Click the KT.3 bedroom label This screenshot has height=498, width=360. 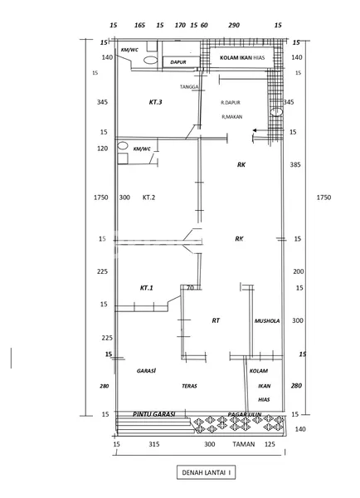pyautogui.click(x=155, y=102)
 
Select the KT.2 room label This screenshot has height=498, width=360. pyautogui.click(x=149, y=198)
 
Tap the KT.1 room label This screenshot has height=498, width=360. pyautogui.click(x=147, y=287)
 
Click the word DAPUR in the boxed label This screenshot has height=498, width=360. pyautogui.click(x=178, y=61)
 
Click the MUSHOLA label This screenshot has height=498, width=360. pyautogui.click(x=267, y=320)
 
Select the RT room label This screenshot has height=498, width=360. pyautogui.click(x=216, y=320)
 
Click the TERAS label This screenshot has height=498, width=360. pyautogui.click(x=190, y=386)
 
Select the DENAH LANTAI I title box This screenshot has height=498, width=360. pyautogui.click(x=204, y=472)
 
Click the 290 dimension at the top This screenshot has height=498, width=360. pyautogui.click(x=234, y=26)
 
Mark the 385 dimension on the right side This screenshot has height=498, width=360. pyautogui.click(x=296, y=165)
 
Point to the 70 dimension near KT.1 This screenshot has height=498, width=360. pyautogui.click(x=190, y=288)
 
